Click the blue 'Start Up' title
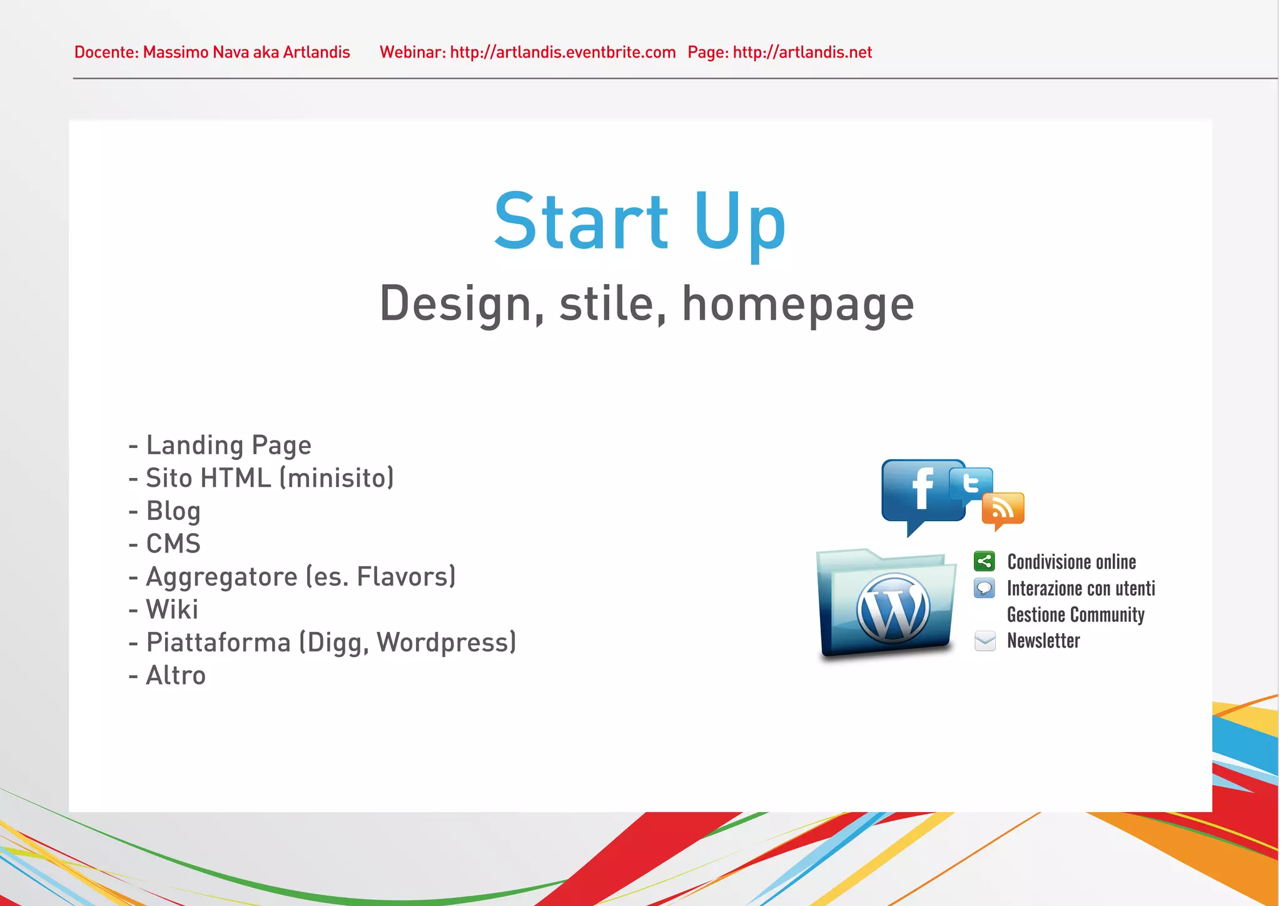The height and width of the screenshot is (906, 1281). coord(639,222)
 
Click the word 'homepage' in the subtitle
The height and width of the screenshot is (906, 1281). coord(797,305)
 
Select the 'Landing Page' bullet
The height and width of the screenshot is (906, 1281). coord(228,445)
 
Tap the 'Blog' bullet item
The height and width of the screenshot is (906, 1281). coord(173,511)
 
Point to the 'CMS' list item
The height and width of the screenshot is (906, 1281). coord(173,544)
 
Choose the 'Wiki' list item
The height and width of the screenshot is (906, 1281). coord(172,609)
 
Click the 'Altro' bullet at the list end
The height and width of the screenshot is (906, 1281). coord(175,676)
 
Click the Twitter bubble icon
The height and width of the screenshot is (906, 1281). coord(971,484)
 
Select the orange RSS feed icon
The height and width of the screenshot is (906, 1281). coord(1003,509)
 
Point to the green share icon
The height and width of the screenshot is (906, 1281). coord(985,561)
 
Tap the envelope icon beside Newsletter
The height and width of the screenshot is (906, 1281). coord(985,641)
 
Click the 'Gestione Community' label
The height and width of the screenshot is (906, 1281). coord(1075,614)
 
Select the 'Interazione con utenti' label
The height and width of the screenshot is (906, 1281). coord(1081,588)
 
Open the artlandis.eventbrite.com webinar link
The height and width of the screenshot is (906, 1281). coord(562,52)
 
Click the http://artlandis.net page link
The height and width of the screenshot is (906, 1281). coord(802,52)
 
